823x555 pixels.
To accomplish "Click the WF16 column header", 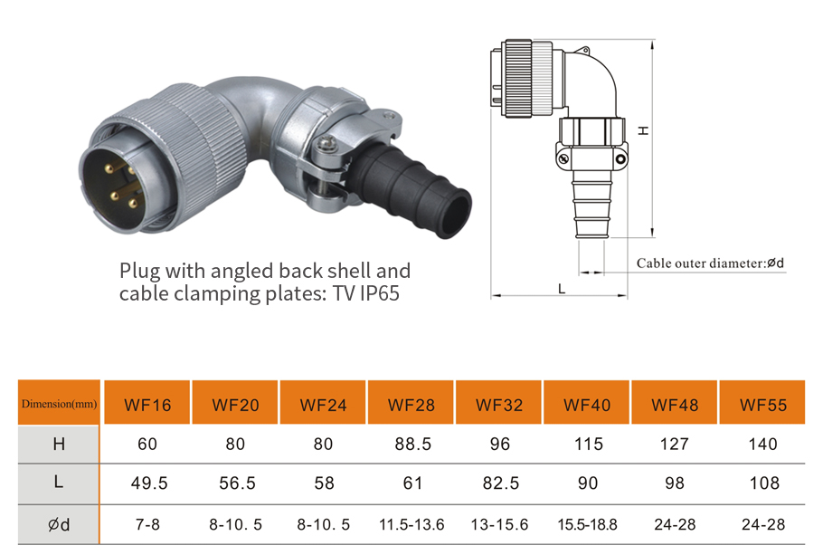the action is click(147, 405).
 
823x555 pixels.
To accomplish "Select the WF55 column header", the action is click(762, 405).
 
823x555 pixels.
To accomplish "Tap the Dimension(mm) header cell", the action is click(59, 404).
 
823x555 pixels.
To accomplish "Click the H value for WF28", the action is click(412, 445).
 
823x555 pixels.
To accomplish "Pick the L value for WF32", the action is click(501, 483).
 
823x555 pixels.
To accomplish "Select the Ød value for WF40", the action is click(587, 524).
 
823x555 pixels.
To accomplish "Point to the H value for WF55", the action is click(762, 445).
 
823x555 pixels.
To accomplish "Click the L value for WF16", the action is click(149, 483).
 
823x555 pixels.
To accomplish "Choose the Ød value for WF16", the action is click(147, 524).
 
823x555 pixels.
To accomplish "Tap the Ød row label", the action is click(59, 524).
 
